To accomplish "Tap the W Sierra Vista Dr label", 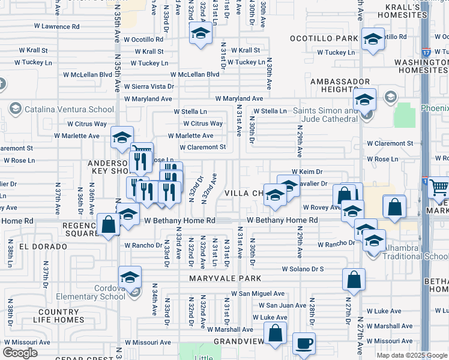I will coord(149,86).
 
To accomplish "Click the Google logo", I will coord(20,353).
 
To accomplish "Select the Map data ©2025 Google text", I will coord(412,355).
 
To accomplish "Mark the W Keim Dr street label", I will coord(307,171).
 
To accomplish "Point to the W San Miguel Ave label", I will coord(258,293).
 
